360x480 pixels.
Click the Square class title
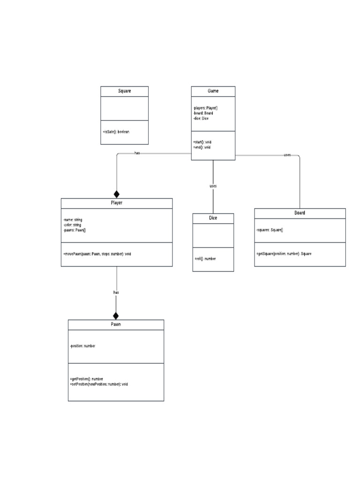coord(124,91)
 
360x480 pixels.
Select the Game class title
coord(213,91)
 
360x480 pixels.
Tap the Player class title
coord(116,203)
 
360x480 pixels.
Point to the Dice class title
coord(213,218)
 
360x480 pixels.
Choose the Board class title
coord(300,213)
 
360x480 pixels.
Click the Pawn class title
coord(116,324)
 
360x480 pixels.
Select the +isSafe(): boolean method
coord(116,132)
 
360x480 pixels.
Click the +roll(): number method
coord(205,258)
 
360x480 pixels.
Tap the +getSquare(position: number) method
coord(284,254)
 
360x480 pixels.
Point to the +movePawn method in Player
coord(97,254)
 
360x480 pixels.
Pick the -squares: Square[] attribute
coord(270,230)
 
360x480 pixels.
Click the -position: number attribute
coord(82,346)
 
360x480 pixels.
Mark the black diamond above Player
coord(117,194)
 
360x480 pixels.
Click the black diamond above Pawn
coord(116,315)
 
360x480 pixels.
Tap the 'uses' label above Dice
coord(213,186)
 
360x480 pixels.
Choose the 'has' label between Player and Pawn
coord(116,292)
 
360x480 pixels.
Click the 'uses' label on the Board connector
coord(287,155)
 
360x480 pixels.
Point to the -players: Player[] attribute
coord(205,108)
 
